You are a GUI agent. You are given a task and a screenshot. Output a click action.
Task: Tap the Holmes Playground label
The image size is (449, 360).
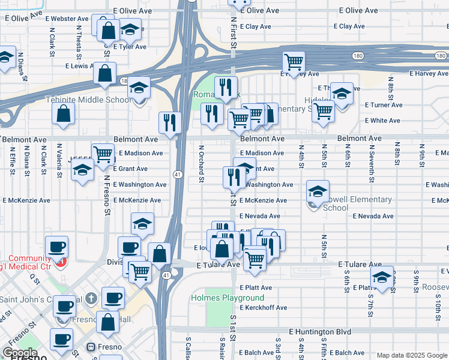[x=227, y=298]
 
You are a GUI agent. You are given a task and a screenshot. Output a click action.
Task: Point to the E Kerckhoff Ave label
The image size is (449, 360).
[x=263, y=308]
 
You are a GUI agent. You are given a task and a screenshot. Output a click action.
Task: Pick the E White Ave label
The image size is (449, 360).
[x=382, y=121]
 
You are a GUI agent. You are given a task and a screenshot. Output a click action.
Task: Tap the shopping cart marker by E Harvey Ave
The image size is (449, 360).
[x=294, y=62]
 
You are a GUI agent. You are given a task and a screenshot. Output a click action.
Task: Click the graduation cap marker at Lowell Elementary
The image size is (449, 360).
[x=318, y=191]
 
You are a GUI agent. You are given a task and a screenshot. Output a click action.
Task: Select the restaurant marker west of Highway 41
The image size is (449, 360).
[x=170, y=122]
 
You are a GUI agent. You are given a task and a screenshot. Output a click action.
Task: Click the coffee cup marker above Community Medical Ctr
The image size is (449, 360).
[x=57, y=247]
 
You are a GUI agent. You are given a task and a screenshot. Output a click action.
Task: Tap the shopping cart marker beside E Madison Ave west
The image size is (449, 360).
[x=103, y=154]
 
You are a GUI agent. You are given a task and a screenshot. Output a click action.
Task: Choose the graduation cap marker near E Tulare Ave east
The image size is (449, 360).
[x=381, y=277]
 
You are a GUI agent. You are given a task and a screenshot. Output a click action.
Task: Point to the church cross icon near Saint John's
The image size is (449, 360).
[x=91, y=298]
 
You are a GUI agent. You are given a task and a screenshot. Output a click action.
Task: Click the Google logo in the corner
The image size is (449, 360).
[x=20, y=353]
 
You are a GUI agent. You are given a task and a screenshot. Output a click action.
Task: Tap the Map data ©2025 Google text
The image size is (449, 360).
[x=411, y=355]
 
